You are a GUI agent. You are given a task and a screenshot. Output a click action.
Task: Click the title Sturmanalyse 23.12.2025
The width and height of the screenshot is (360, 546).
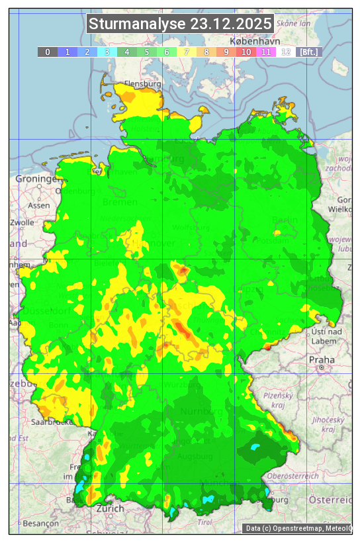[180, 24]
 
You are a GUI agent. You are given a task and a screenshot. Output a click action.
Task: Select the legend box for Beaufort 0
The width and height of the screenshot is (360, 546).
[47, 52]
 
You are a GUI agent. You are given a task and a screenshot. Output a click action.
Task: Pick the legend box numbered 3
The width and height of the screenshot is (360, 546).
[107, 52]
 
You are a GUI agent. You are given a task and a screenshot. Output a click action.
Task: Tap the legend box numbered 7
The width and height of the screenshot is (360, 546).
[187, 52]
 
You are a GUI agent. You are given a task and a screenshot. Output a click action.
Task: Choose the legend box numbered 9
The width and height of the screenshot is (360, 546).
[226, 52]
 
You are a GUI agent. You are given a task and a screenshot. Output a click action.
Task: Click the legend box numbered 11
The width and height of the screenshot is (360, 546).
[266, 52]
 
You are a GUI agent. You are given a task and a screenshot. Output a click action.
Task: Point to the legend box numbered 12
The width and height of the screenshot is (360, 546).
[286, 52]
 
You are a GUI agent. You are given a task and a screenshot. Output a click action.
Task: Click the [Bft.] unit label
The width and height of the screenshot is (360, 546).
[308, 52]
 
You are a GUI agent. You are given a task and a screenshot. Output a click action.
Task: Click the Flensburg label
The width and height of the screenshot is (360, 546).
[142, 85]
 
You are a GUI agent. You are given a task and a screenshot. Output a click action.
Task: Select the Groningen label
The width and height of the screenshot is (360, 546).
[37, 179]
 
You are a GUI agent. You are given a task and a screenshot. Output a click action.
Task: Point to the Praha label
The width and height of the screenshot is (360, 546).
[322, 359]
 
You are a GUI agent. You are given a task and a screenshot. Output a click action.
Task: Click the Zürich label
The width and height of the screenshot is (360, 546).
[110, 509]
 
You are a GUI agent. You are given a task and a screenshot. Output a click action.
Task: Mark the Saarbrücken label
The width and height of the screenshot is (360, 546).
[51, 422]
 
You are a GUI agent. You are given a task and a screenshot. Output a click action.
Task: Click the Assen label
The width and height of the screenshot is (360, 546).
[39, 205]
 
